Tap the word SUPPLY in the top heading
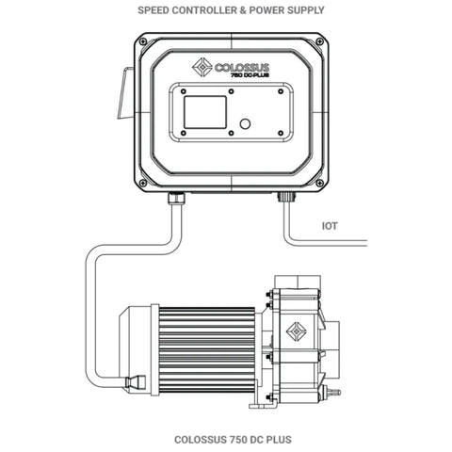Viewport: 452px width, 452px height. [304, 10]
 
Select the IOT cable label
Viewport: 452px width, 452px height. [330, 226]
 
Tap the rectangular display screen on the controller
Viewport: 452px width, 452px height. [203, 118]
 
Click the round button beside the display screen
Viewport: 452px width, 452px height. [244, 123]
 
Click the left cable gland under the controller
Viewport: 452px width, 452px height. [176, 198]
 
